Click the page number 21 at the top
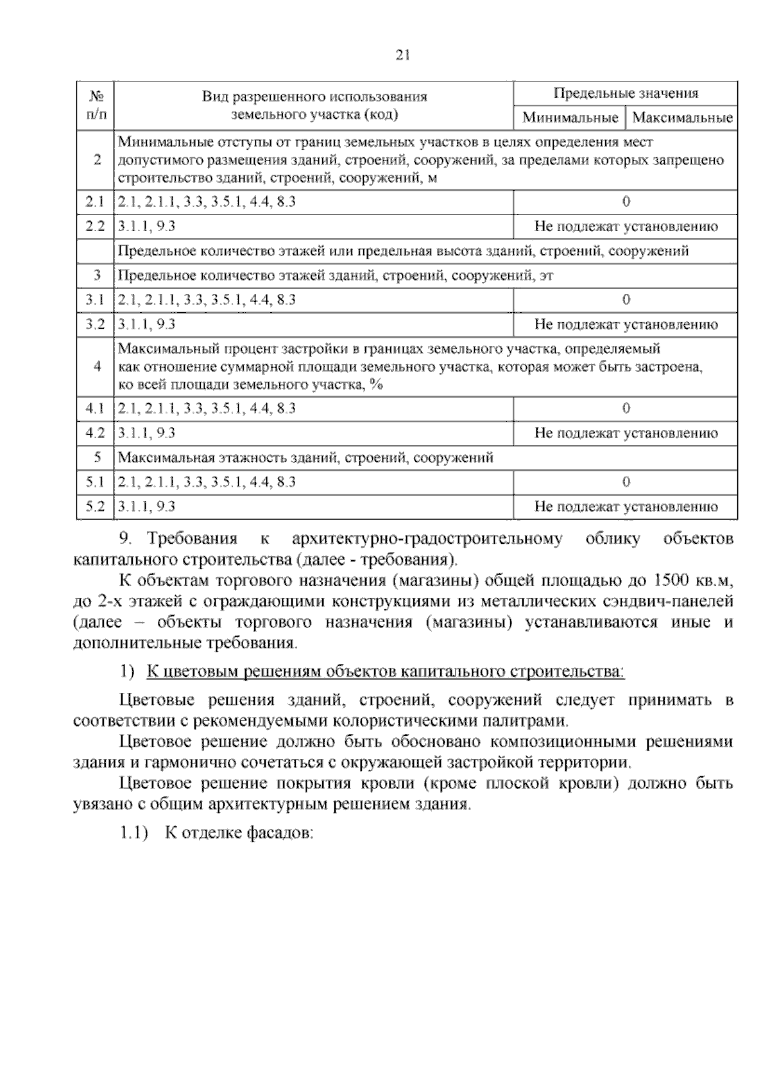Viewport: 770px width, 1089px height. tap(402, 56)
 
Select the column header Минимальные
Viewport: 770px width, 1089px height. tap(570, 118)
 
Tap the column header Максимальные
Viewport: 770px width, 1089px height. tap(682, 118)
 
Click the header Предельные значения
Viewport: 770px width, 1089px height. tap(626, 94)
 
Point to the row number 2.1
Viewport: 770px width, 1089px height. tap(95, 202)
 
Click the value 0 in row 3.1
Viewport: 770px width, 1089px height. tap(626, 300)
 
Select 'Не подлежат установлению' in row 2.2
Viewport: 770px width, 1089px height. tap(626, 227)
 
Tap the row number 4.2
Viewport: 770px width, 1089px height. tap(95, 433)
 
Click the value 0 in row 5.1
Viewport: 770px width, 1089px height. tap(626, 482)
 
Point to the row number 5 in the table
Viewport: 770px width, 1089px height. tap(97, 458)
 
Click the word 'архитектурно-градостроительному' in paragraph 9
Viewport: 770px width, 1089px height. tap(427, 539)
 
